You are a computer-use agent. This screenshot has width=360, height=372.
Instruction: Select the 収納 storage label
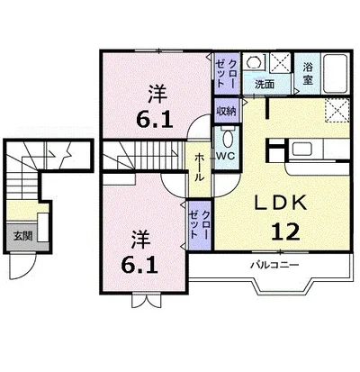click(x=226, y=111)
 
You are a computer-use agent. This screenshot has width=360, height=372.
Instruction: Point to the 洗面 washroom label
click(x=265, y=85)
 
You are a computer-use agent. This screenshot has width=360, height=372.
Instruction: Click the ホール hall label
click(x=199, y=167)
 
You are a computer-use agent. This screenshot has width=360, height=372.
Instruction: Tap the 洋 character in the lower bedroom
click(x=141, y=240)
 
